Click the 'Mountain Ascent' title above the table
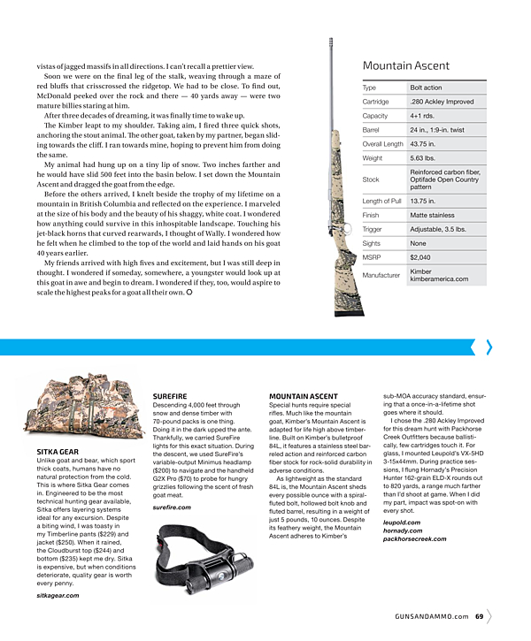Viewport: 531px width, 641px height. tap(405, 65)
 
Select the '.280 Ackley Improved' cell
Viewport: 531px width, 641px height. tap(441, 102)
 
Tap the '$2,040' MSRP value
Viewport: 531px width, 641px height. tap(421, 257)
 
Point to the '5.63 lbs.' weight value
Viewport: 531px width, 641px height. tap(423, 158)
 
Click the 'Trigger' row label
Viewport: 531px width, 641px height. tap(372, 229)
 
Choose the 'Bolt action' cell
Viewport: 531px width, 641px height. tap(427, 88)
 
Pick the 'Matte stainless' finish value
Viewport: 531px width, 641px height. tap(433, 215)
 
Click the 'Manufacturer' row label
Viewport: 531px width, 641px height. tap(381, 276)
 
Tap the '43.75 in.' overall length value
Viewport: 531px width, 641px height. tap(423, 144)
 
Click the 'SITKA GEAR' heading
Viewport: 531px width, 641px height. tap(58, 452)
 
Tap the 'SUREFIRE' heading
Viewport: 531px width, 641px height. tap(169, 396)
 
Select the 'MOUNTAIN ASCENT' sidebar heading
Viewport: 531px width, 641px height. tap(304, 396)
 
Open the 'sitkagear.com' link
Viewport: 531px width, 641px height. tap(58, 596)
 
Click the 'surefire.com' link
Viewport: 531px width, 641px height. tap(171, 507)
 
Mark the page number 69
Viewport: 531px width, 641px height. tap(478, 616)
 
